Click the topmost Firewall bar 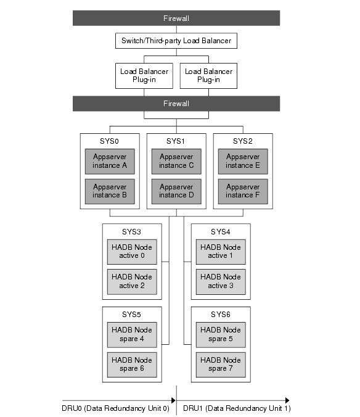176,19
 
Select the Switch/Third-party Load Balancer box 176,42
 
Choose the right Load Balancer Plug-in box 210,75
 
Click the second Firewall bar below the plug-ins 176,104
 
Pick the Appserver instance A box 110,161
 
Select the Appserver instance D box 176,191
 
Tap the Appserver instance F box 243,191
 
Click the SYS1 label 176,141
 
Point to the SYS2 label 243,141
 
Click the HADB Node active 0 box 132,251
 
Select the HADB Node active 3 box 221,281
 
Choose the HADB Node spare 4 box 132,334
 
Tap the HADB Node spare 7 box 221,364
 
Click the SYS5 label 132,314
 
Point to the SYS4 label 221,231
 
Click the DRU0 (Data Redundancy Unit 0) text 115,409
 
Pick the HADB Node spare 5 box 221,334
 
